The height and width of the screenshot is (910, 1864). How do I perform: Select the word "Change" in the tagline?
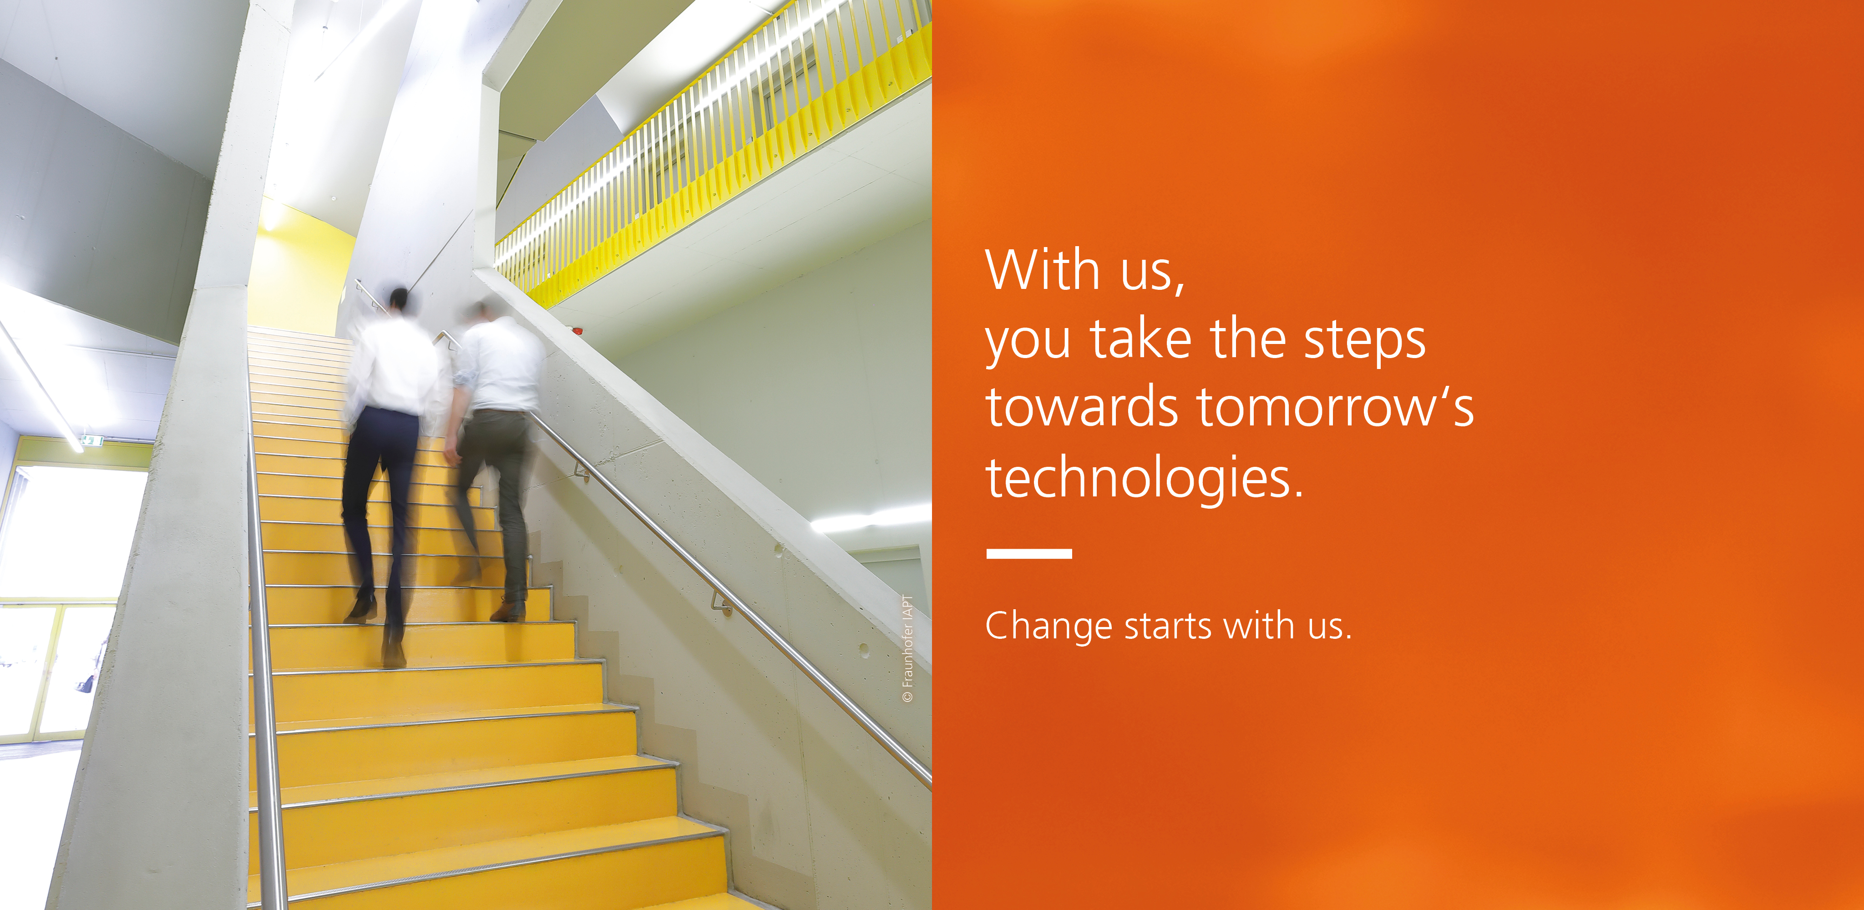click(x=1048, y=627)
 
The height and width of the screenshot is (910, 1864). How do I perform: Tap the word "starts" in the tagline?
click(x=1170, y=627)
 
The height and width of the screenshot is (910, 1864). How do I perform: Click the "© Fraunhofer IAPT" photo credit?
click(x=908, y=648)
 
